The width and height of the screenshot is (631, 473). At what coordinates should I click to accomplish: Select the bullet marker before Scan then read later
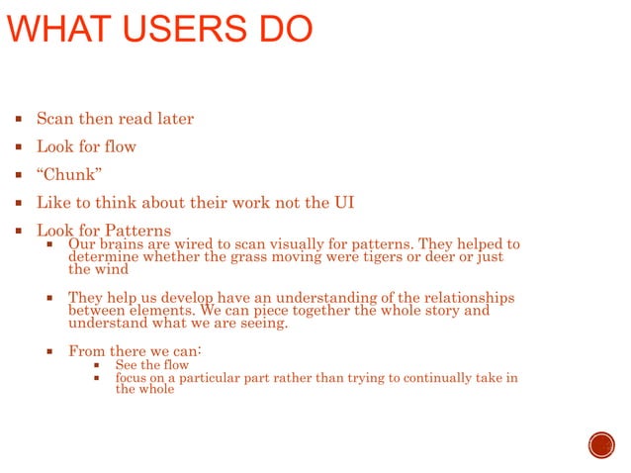point(19,119)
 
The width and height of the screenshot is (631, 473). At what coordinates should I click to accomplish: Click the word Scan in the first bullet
point(55,119)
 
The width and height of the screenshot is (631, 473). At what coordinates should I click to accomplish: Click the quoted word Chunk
point(69,175)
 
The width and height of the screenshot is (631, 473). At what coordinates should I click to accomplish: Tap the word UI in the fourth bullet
point(341,203)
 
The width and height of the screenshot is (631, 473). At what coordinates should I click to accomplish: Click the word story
point(440,311)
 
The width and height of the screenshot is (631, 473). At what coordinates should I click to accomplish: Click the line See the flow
point(151,365)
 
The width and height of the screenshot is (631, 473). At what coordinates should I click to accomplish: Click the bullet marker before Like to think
point(19,203)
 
